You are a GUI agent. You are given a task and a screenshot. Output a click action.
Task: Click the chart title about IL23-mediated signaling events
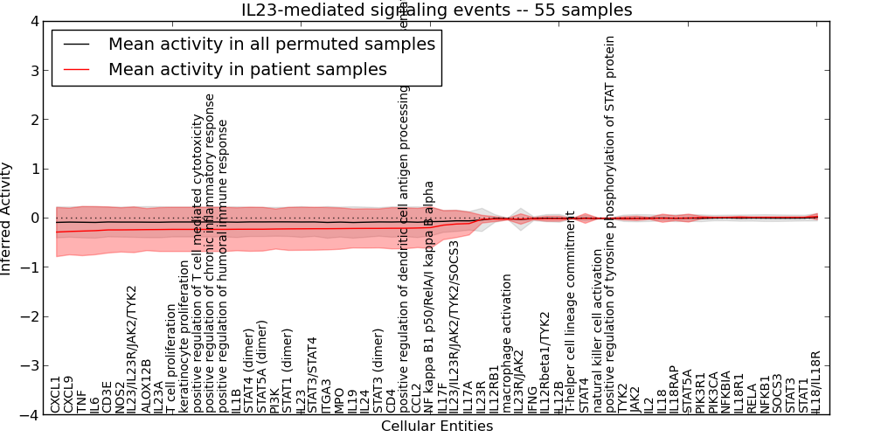point(436,10)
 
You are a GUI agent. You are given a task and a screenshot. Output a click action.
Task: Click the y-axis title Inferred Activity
point(8,218)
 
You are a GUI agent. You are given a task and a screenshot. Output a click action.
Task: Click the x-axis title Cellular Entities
point(436,427)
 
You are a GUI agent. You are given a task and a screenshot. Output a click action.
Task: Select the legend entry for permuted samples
point(271,44)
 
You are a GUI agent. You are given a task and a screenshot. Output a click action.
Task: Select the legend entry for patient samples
point(247,70)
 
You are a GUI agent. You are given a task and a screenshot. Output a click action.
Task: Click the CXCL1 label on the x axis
point(55,394)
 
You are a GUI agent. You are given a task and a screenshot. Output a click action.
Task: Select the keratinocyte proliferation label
point(184,336)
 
